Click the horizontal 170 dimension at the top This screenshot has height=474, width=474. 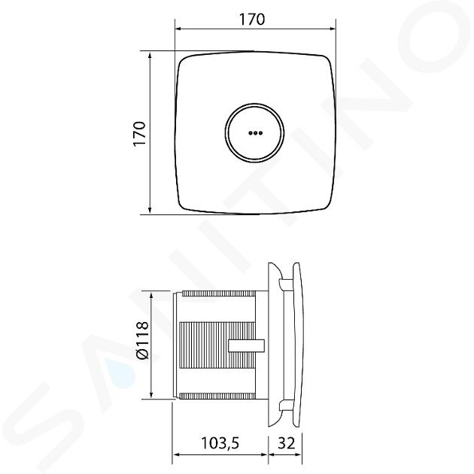click(252, 19)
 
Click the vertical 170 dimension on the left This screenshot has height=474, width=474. click(140, 134)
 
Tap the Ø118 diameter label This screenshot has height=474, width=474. click(143, 341)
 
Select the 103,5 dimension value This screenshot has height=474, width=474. click(220, 443)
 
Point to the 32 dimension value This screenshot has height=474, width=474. click(286, 443)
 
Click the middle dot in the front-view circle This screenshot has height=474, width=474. click(256, 132)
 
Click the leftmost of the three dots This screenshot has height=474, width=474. click(251, 132)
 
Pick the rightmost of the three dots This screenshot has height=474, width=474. click(260, 132)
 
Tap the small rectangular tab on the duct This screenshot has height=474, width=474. click(246, 345)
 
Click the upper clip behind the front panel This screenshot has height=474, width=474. click(285, 285)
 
